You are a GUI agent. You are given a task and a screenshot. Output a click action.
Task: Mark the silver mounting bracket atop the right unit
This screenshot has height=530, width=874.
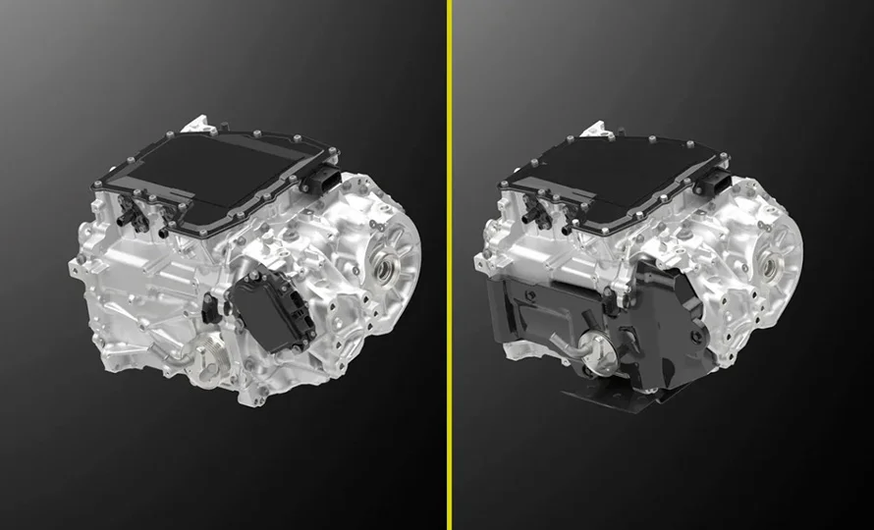(597, 129)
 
